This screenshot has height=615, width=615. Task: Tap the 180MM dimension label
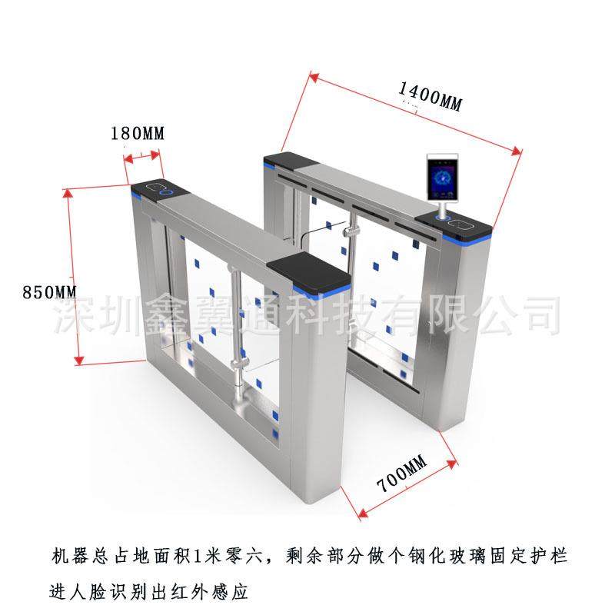pos(138,133)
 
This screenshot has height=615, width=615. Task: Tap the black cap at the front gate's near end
pos(307,276)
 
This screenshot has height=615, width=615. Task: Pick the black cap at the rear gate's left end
pos(287,161)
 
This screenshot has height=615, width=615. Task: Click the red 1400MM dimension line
pos(415,111)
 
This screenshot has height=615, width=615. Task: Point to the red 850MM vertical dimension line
pos(75,277)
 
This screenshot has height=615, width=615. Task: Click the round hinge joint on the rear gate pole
pos(351,231)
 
